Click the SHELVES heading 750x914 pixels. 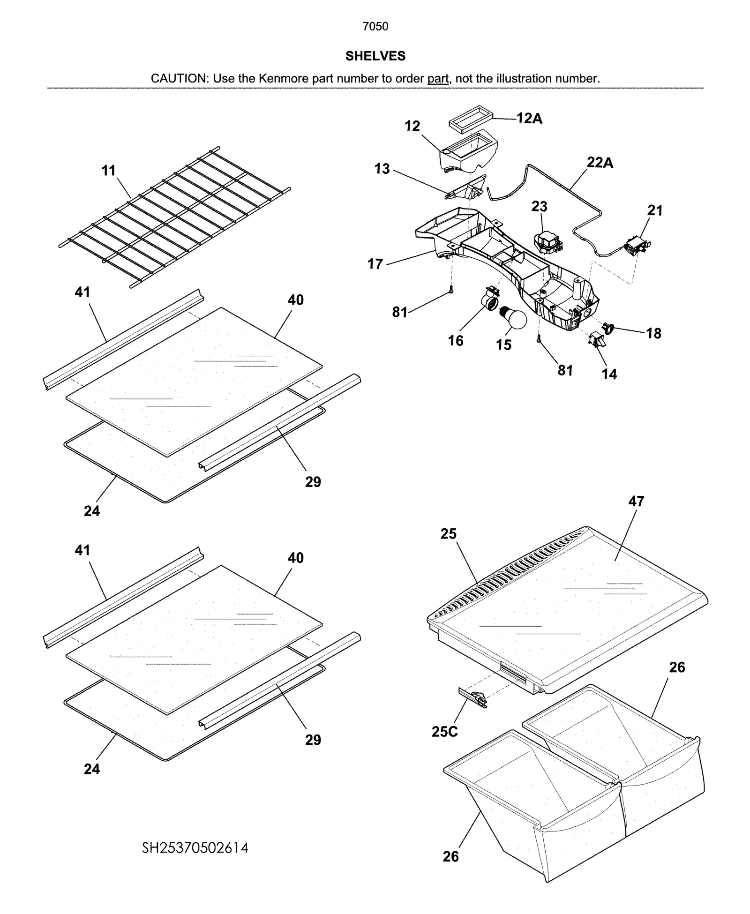(375, 56)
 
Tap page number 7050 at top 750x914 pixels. (375, 27)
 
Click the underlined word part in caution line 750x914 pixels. (437, 79)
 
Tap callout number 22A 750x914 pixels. (600, 163)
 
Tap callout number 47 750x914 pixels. (636, 501)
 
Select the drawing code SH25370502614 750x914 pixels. (195, 847)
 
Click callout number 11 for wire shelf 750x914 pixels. (109, 171)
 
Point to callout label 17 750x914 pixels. (375, 264)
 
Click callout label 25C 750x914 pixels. (444, 731)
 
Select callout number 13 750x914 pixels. (382, 169)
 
